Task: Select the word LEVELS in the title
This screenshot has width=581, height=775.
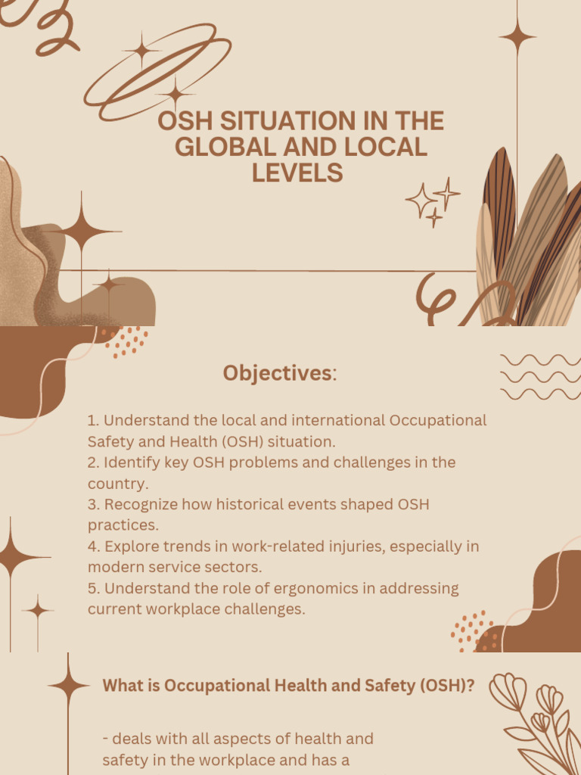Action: [x=297, y=173]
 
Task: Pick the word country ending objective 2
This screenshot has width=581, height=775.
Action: [x=116, y=483]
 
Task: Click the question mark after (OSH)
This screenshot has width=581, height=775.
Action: [x=471, y=686]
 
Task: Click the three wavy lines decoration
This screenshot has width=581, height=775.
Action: [x=540, y=376]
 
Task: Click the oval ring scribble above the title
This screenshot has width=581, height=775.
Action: [x=157, y=72]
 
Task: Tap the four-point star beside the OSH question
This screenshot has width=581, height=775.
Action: [x=68, y=685]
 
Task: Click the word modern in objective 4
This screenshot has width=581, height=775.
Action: [x=112, y=567]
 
